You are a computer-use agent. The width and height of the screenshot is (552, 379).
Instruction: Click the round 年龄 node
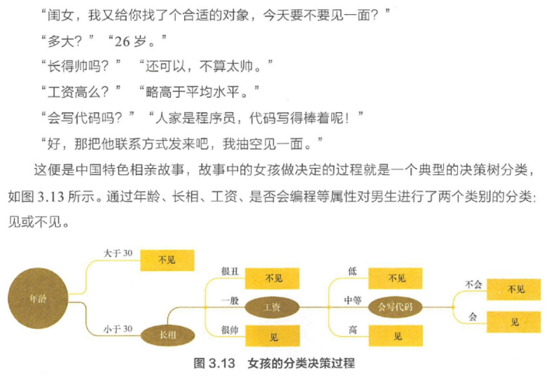[x=33, y=297]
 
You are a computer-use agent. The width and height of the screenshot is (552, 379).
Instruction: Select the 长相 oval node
[x=167, y=334]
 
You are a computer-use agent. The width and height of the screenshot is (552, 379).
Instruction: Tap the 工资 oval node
[x=272, y=306]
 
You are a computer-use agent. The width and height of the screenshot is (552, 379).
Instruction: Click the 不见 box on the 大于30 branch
[x=166, y=260]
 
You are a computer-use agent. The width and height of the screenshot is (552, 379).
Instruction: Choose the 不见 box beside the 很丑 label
[x=274, y=278]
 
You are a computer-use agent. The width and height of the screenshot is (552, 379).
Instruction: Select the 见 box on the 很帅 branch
[x=274, y=337]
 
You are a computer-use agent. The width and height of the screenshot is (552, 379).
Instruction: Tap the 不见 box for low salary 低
[x=397, y=278]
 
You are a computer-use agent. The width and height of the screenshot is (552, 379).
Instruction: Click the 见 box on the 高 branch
[x=397, y=336]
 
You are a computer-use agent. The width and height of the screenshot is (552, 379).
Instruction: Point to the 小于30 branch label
[x=117, y=329]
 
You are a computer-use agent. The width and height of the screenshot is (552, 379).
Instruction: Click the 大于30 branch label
[x=117, y=253]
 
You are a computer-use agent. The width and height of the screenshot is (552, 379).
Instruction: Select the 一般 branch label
[x=229, y=300]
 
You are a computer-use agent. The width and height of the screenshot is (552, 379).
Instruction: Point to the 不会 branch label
[x=473, y=284]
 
